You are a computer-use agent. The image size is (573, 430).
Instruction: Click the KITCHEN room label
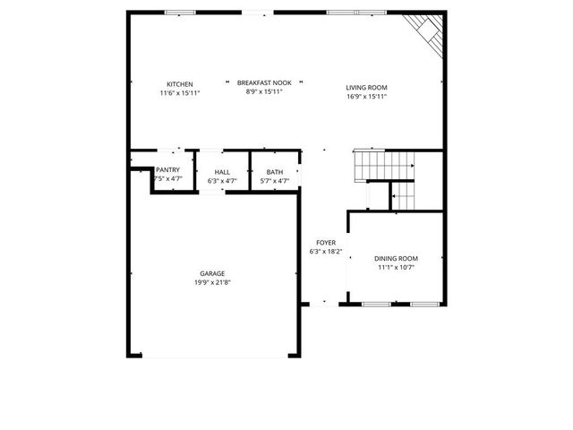click(180, 84)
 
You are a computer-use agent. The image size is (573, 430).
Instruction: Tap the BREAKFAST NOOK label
click(265, 82)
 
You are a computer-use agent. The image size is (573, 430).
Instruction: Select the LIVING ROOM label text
click(366, 88)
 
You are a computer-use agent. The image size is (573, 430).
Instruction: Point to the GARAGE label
click(212, 273)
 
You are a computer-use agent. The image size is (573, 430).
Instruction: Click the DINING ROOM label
click(396, 258)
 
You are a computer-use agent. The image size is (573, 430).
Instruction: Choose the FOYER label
click(325, 243)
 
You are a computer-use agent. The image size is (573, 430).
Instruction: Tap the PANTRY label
click(168, 171)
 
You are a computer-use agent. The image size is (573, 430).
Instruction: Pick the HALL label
click(222, 172)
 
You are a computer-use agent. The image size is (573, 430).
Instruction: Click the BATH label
click(274, 172)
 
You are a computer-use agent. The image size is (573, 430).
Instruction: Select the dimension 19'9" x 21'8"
click(212, 282)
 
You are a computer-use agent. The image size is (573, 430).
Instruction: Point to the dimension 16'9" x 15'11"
click(366, 97)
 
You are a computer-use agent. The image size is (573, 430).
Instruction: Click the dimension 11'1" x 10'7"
click(396, 267)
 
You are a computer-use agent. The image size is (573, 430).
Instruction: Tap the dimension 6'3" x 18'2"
click(325, 252)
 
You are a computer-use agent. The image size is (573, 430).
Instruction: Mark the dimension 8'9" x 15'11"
click(265, 91)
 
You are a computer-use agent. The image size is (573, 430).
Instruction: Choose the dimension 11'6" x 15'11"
click(180, 93)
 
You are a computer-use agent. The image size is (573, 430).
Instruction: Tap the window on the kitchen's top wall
click(180, 13)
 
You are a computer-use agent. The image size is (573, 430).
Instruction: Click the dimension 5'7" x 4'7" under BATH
click(274, 181)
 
